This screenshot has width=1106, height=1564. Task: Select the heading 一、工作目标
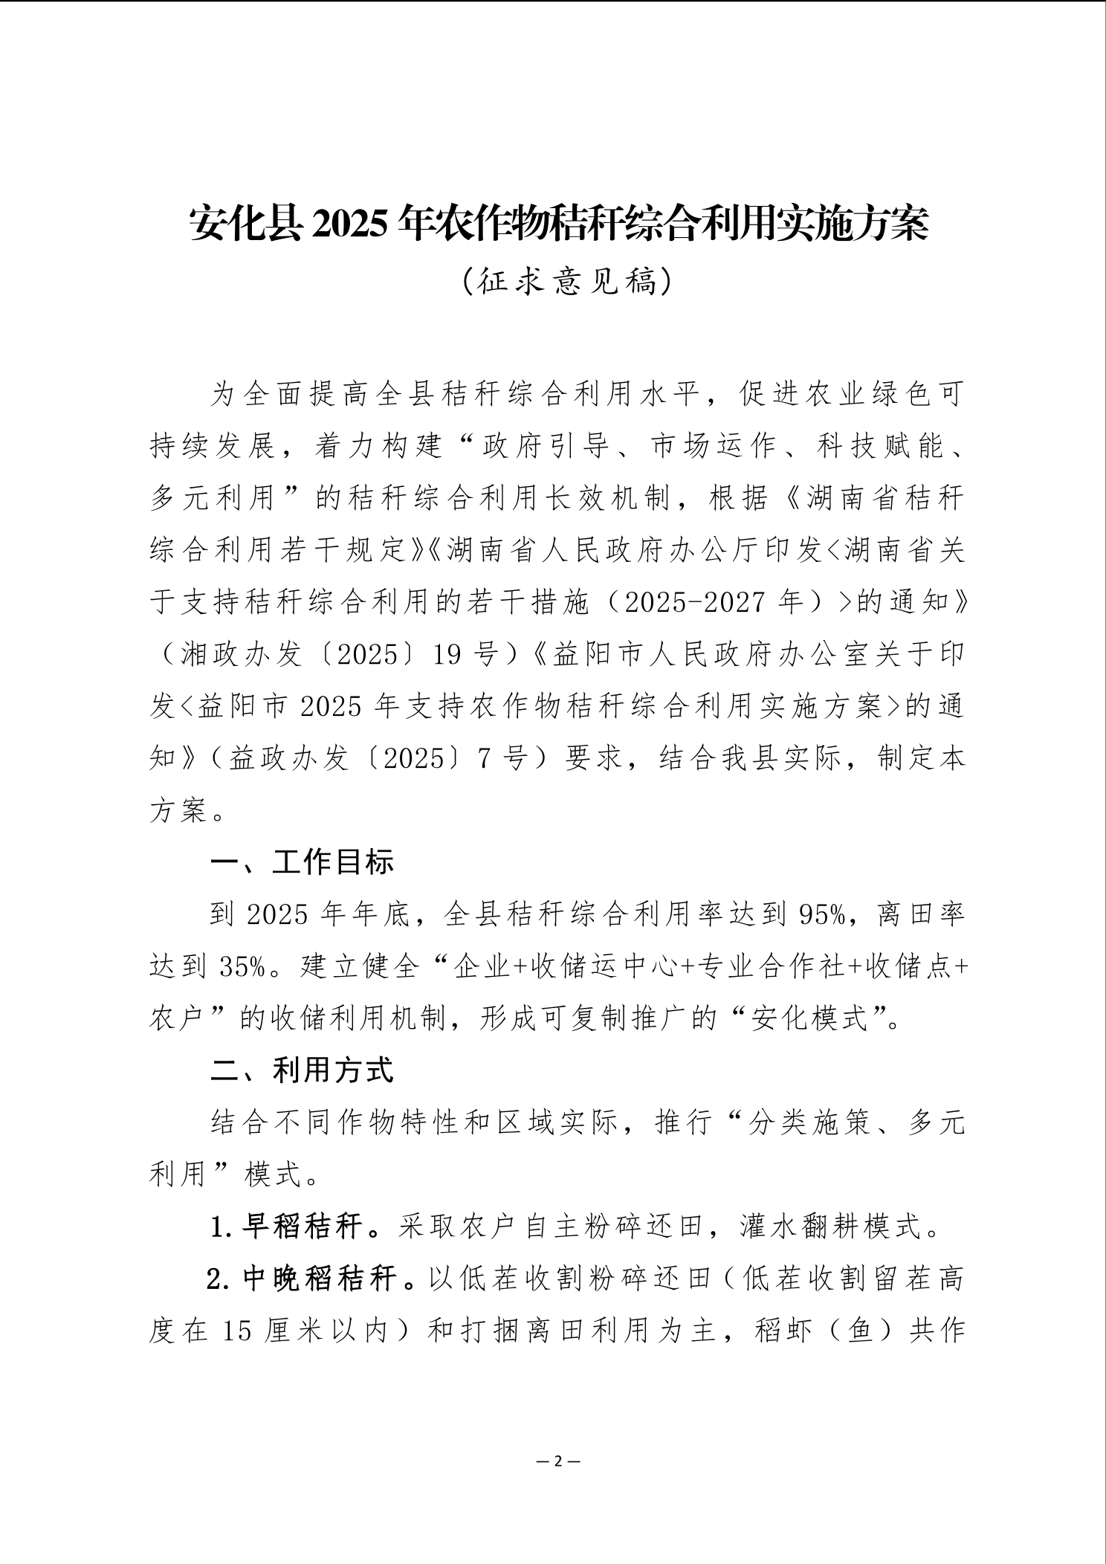click(x=302, y=862)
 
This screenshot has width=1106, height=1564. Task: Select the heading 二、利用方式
click(x=302, y=1070)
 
